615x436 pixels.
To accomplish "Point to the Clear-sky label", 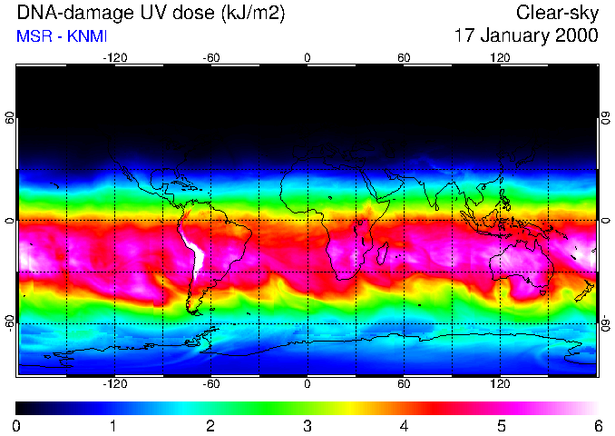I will [x=558, y=13].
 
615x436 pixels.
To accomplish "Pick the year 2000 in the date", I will [x=578, y=35].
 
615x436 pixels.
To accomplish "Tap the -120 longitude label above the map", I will [x=114, y=57].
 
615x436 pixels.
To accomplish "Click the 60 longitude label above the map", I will [x=404, y=57].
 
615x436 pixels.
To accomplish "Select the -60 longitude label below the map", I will [x=211, y=383].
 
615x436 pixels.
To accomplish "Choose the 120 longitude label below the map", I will [x=500, y=383].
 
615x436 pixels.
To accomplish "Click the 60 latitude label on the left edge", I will [x=10, y=119].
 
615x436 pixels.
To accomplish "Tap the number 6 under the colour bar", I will [x=598, y=425].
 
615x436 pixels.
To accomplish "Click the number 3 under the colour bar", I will [x=307, y=425].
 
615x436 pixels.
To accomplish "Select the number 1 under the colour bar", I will [x=113, y=425].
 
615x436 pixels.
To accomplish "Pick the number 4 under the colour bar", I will [x=404, y=425].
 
